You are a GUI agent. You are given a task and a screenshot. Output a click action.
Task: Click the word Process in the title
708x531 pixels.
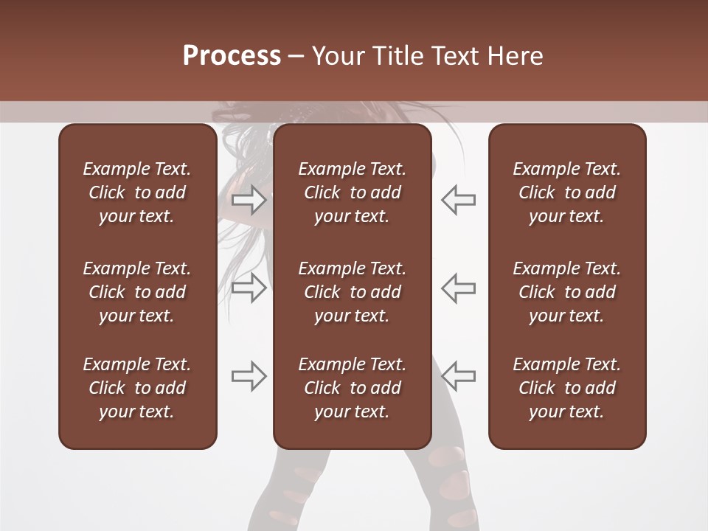232,56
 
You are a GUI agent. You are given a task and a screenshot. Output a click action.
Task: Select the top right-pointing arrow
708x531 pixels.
249,199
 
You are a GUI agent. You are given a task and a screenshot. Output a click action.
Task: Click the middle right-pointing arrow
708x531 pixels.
249,288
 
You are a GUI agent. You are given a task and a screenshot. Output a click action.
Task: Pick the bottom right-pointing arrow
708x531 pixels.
249,376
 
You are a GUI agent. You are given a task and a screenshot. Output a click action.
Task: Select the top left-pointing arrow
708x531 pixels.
459,199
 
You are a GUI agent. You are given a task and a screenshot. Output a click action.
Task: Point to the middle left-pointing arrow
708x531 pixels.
459,288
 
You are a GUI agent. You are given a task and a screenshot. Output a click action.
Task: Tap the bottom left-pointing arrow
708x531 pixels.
459,376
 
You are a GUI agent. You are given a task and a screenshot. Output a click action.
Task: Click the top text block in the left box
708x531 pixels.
137,192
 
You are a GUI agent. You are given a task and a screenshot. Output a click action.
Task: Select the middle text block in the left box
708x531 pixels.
137,292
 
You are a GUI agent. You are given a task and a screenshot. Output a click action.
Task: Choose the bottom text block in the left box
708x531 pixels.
137,388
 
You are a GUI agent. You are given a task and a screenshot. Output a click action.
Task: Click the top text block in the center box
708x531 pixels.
353,192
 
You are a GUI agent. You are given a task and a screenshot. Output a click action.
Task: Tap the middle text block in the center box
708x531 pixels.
353,292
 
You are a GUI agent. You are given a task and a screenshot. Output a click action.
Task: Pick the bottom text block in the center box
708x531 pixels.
353,388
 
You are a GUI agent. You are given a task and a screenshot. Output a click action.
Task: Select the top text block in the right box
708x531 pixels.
567,192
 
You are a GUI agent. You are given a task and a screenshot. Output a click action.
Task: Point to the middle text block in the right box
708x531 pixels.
567,292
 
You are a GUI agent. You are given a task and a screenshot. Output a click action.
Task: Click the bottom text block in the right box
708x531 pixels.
567,388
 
